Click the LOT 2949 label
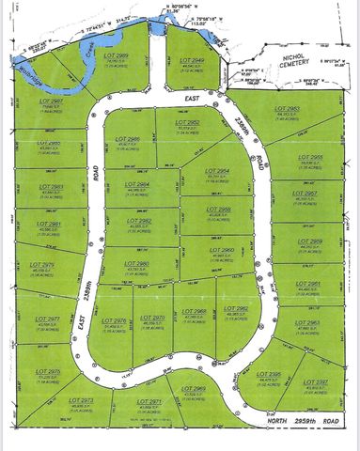192,59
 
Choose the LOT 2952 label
187,123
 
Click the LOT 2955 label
310,157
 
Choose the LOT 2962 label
236,309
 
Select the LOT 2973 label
82,400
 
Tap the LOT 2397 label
316,381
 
